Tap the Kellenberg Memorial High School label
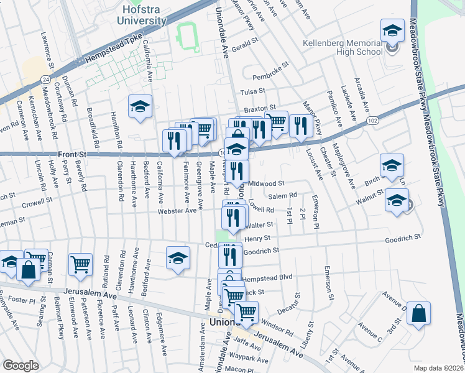click(341, 47)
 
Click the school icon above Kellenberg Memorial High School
click(392, 30)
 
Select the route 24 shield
click(45, 79)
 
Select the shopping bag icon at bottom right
click(419, 314)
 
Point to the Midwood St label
click(266, 184)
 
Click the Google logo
click(21, 365)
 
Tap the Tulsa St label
click(252, 93)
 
